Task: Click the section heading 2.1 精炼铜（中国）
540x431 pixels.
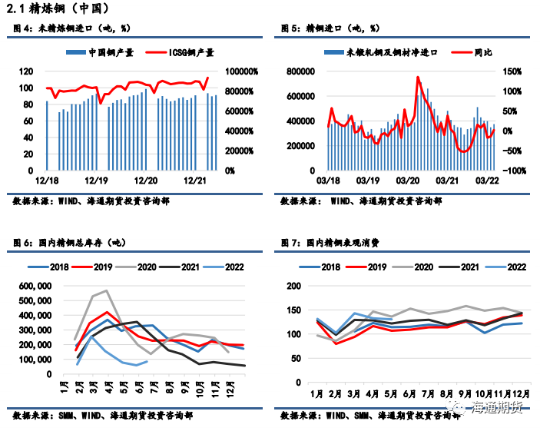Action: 56,8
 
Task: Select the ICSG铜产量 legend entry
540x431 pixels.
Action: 185,53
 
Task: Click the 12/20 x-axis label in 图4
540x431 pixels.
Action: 146,180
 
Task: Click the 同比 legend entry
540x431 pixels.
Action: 475,52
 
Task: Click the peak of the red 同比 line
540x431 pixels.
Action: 417,77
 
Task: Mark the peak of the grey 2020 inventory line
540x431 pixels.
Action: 106,290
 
